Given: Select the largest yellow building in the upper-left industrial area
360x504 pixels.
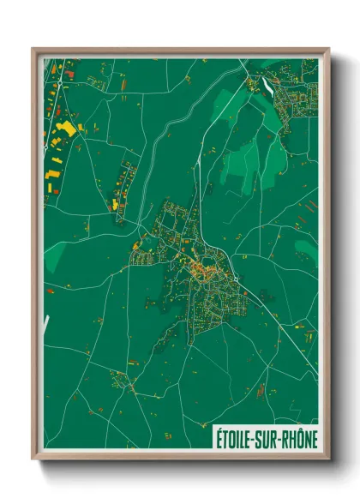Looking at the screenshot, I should pyautogui.click(x=64, y=129).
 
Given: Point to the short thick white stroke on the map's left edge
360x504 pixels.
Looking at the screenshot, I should pyautogui.click(x=48, y=325).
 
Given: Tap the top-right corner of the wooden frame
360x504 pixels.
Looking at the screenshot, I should pyautogui.click(x=327, y=49).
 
